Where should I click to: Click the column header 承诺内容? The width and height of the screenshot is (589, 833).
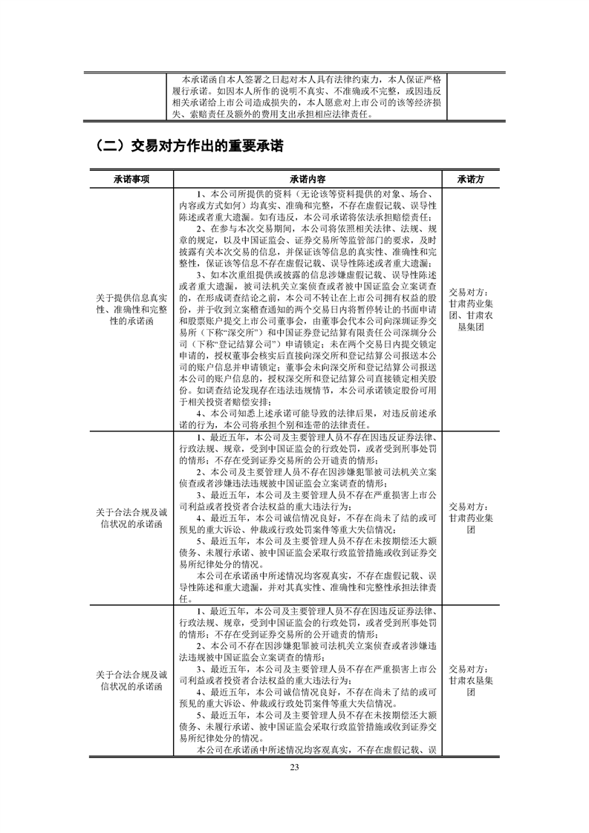(x=308, y=180)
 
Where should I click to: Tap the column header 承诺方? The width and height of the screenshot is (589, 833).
(x=472, y=180)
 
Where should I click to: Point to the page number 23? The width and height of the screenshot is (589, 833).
(x=294, y=767)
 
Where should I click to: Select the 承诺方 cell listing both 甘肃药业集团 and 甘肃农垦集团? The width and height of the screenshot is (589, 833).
(x=472, y=310)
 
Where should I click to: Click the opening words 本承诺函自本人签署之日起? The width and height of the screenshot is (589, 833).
(x=245, y=79)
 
